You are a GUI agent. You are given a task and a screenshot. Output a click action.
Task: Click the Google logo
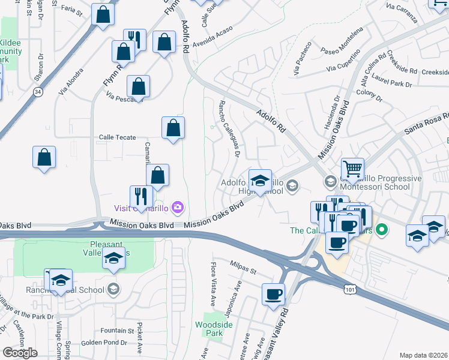[20, 353]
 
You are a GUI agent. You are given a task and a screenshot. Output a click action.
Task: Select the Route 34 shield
[38, 92]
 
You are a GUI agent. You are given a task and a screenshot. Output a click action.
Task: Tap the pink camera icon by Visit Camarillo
[177, 208]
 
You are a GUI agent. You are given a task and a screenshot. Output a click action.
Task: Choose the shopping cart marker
[352, 169]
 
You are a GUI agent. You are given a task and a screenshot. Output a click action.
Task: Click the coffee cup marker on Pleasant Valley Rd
[274, 294]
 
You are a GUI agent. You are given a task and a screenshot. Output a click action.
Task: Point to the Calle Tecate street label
[118, 137]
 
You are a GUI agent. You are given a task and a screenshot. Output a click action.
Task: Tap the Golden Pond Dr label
[104, 343]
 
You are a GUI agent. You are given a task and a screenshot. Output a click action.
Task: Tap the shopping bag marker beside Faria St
[103, 15]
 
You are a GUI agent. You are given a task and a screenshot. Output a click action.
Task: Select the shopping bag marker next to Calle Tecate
[173, 128]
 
